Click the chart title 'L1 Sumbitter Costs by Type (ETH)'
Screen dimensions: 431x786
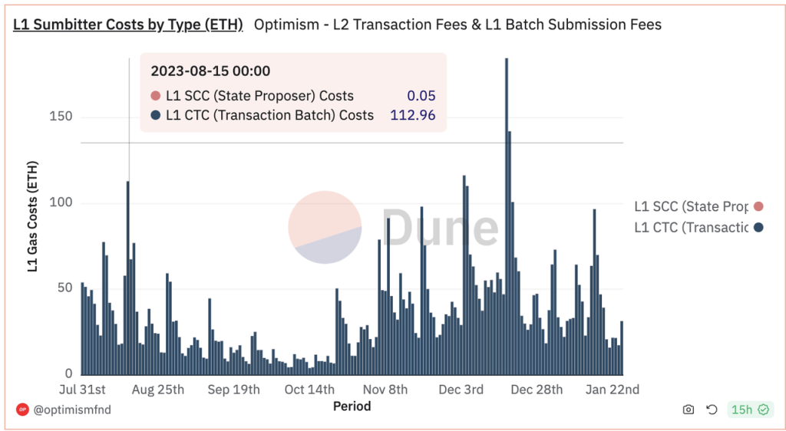(x=128, y=25)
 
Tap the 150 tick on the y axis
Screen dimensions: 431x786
(x=61, y=117)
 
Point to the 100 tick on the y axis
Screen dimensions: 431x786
(x=61, y=203)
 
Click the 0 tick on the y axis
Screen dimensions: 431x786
(x=68, y=373)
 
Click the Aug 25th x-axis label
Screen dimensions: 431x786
(x=158, y=390)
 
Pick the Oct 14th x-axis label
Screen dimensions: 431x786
(x=309, y=390)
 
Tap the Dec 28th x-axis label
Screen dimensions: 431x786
(x=537, y=390)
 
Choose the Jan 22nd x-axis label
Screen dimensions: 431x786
(x=613, y=390)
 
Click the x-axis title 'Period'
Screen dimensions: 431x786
(x=352, y=406)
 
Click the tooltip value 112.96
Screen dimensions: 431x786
(x=413, y=115)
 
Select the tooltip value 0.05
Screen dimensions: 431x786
(x=421, y=96)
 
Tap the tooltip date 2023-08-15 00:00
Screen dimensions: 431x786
(x=210, y=71)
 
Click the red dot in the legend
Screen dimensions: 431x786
(x=758, y=206)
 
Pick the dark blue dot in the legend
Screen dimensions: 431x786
(x=758, y=227)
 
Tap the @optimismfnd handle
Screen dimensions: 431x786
(x=73, y=410)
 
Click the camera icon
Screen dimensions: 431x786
(x=688, y=410)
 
